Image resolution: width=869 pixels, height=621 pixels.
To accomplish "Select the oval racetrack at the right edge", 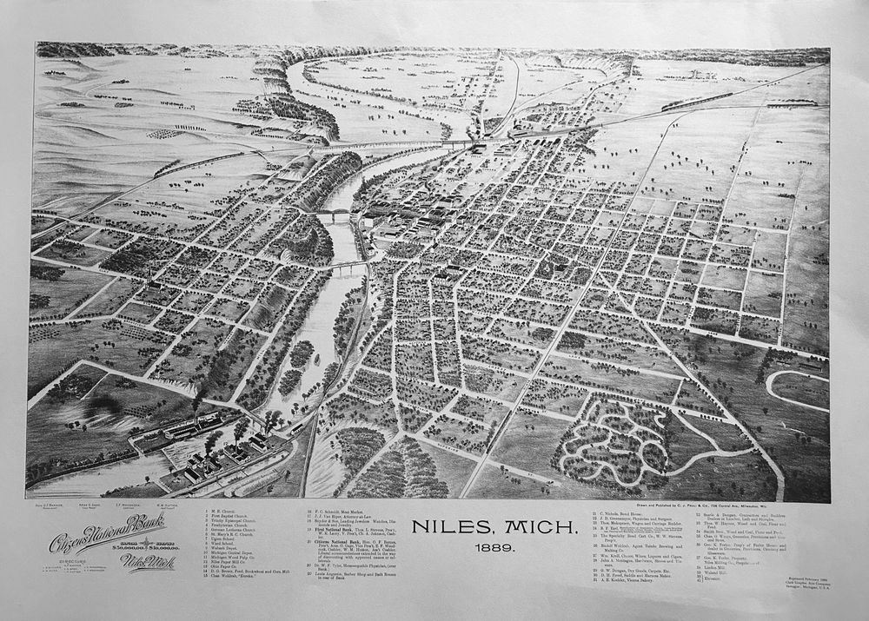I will [796, 388].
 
